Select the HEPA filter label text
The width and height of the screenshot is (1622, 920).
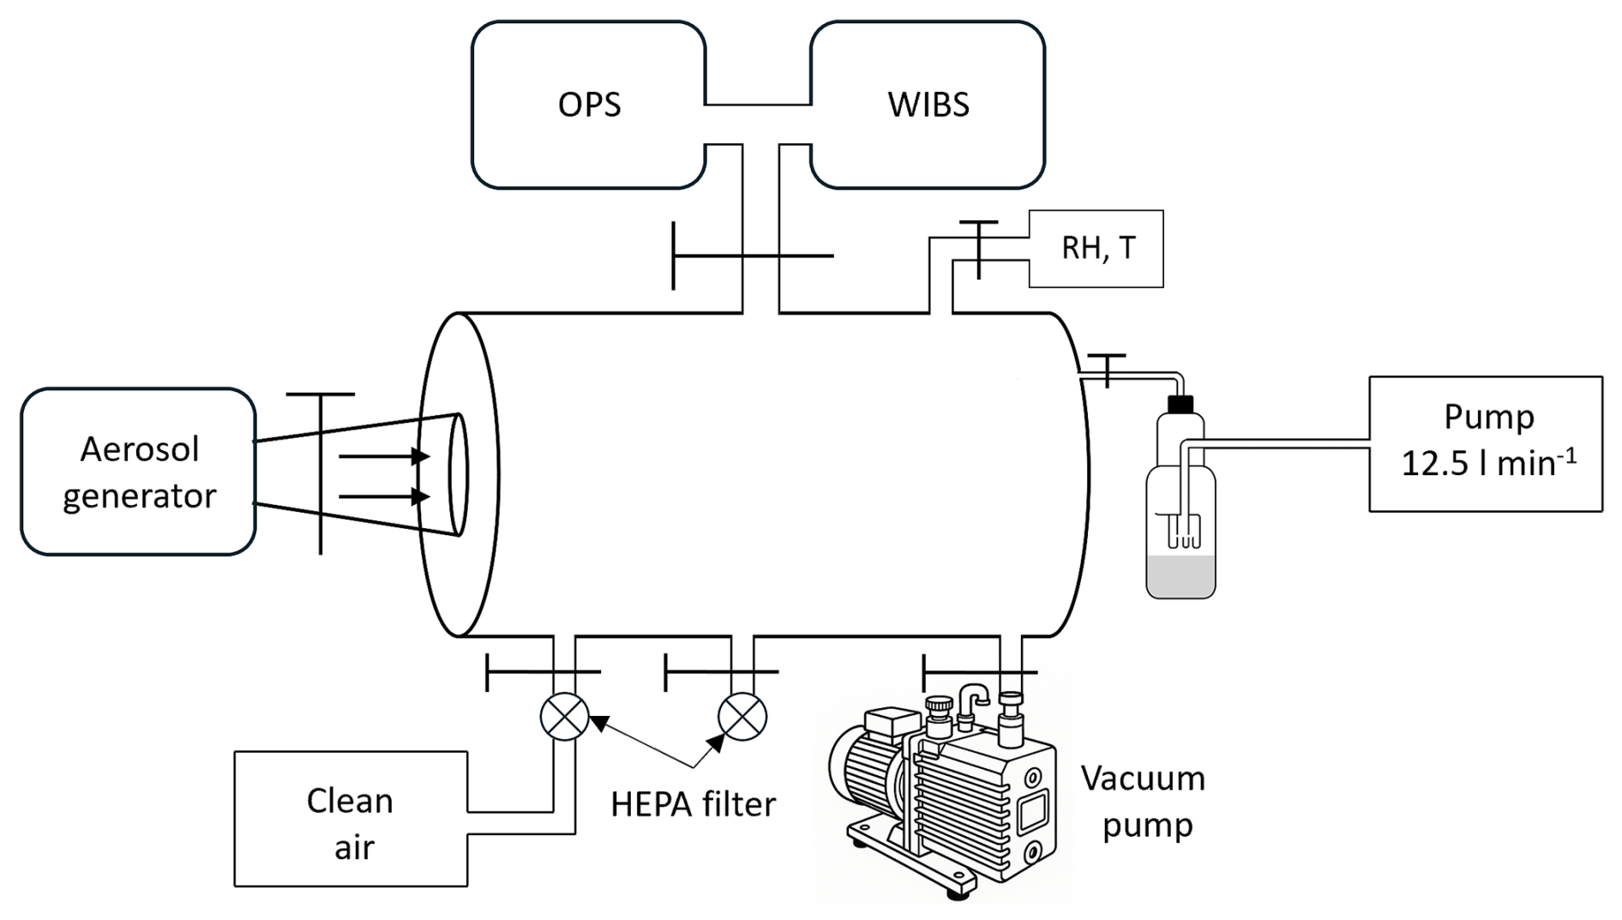(x=693, y=804)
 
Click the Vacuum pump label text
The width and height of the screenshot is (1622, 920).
(x=1144, y=802)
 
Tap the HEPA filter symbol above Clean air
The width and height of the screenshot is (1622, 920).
(x=564, y=716)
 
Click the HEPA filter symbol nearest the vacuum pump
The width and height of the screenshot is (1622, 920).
(x=742, y=716)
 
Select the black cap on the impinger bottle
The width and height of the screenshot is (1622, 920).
(x=1180, y=404)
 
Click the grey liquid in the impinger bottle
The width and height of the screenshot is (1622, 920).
(x=1180, y=576)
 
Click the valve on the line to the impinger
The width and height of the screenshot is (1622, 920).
(x=1108, y=370)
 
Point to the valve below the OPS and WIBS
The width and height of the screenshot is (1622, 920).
(x=753, y=256)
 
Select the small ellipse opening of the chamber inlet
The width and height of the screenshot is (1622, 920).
(x=459, y=474)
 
